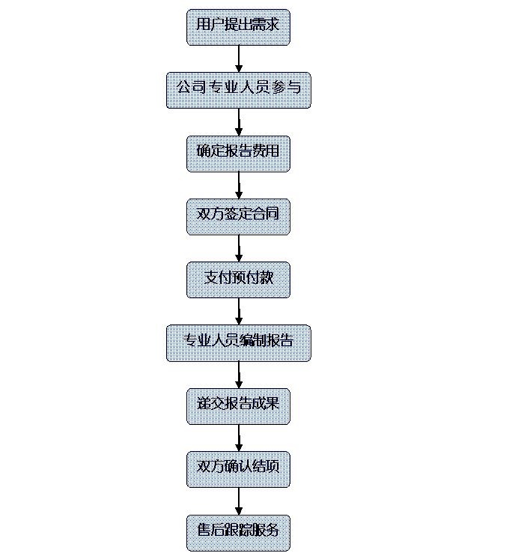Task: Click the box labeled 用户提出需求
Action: [238, 28]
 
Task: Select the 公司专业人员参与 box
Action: [239, 90]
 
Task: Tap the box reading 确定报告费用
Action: [238, 154]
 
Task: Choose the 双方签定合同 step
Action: [238, 217]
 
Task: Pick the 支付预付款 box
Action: [238, 279]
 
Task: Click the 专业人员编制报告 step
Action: [239, 343]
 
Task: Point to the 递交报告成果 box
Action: [238, 406]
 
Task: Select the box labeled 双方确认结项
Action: [238, 469]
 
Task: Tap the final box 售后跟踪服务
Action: [238, 533]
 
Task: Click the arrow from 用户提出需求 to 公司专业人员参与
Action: [239, 59]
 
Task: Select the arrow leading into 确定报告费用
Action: [239, 122]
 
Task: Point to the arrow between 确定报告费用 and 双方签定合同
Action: [239, 185]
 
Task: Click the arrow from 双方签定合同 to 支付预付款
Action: [239, 249]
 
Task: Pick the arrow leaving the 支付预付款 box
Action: [239, 311]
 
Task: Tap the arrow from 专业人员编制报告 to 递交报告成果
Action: [239, 375]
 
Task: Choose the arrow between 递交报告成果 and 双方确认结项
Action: [239, 438]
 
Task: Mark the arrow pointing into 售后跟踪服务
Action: [239, 501]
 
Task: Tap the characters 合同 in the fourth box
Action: [266, 214]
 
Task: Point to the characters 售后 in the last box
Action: [211, 530]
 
